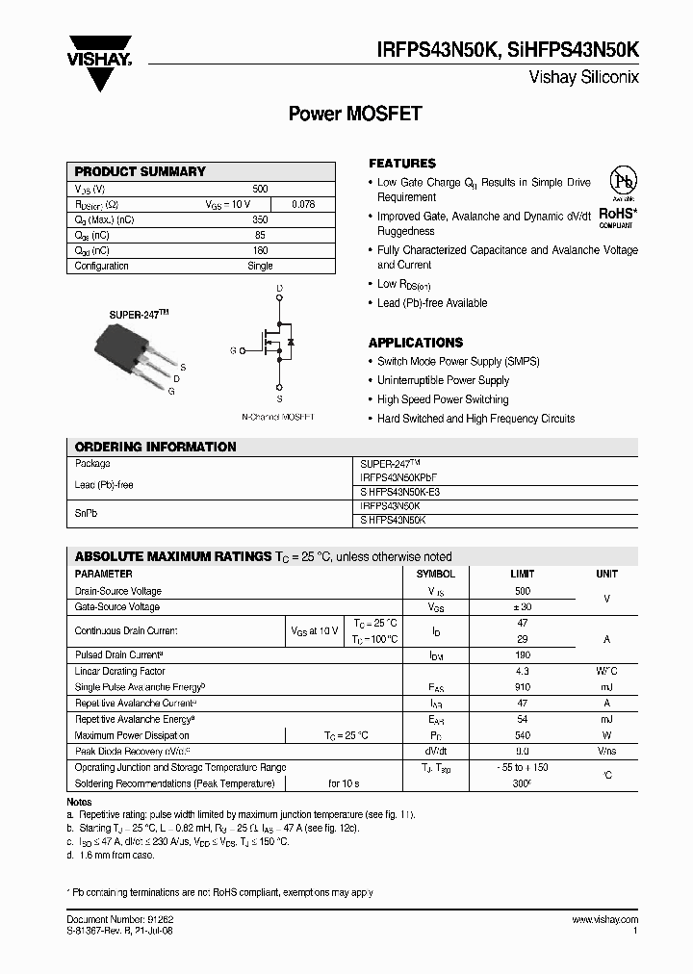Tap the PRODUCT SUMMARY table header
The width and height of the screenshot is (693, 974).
141,171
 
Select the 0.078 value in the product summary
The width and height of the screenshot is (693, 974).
302,205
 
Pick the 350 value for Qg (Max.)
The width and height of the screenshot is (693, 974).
260,220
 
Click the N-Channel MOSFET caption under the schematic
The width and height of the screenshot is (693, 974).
277,417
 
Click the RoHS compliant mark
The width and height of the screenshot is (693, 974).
616,217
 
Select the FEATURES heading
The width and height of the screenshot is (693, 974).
402,164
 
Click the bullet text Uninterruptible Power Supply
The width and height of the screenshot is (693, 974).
443,380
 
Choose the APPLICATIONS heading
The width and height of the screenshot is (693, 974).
416,343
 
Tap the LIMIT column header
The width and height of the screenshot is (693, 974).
523,574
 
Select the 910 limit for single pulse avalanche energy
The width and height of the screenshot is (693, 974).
523,687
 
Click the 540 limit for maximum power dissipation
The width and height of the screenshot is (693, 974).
523,735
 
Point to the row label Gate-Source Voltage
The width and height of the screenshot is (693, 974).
117,607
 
